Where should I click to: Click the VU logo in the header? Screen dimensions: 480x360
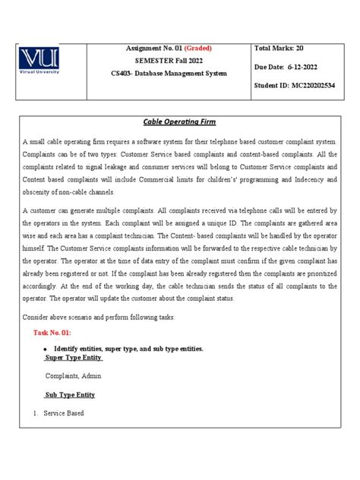pyautogui.click(x=47, y=63)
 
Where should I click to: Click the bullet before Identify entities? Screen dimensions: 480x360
pyautogui.click(x=48, y=349)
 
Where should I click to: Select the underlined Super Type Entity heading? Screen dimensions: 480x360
pyautogui.click(x=74, y=358)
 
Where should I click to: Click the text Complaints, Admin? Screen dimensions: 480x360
pyautogui.click(x=73, y=376)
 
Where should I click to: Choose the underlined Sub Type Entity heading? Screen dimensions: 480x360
pyautogui.click(x=69, y=395)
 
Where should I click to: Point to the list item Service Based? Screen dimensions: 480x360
pyautogui.click(x=64, y=413)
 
